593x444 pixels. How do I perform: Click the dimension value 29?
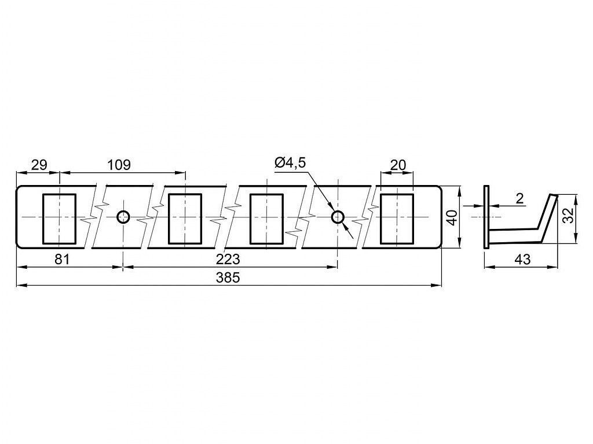(x=39, y=165)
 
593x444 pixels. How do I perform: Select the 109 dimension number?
(x=119, y=165)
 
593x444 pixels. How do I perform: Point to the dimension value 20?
(x=397, y=165)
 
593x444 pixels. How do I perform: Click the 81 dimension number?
(x=63, y=260)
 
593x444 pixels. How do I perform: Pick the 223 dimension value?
(x=228, y=260)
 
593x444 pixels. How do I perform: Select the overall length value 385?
(x=228, y=278)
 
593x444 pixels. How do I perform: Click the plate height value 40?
(x=452, y=218)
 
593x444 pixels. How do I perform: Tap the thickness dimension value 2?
(x=521, y=199)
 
